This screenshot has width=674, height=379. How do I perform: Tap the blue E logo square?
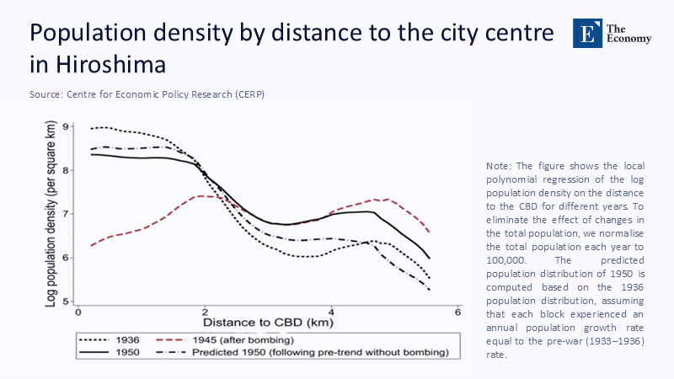586,31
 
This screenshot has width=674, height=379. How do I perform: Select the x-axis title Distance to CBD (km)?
267,323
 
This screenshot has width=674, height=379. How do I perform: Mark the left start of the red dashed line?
90,245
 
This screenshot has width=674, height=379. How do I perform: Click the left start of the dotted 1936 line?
90,129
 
